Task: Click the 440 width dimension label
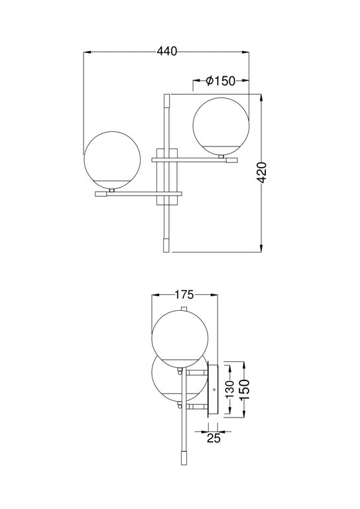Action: [x=166, y=50]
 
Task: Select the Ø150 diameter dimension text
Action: [x=221, y=81]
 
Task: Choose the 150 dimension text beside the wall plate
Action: [x=243, y=390]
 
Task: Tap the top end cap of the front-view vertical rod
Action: [x=166, y=102]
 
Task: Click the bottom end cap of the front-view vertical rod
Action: [x=166, y=245]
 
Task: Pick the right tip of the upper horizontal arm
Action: [x=229, y=160]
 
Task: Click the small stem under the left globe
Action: [x=113, y=190]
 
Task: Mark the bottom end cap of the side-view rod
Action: [x=181, y=459]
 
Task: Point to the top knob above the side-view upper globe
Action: [x=180, y=309]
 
